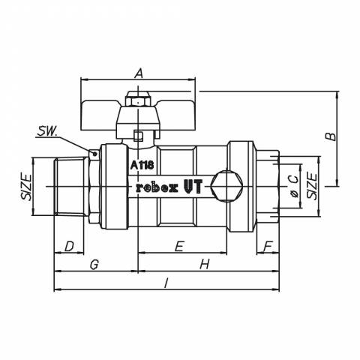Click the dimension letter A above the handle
139,73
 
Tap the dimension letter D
70,246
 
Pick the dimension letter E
180,246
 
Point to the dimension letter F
268,246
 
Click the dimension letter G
94,265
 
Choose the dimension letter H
205,265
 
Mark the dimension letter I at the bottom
166,283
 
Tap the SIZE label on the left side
26,187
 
